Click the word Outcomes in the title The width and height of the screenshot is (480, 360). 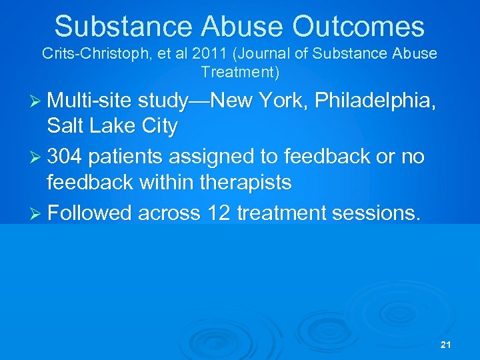click(359, 27)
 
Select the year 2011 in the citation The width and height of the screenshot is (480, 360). click(193, 54)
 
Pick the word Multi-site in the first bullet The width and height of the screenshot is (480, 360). click(89, 101)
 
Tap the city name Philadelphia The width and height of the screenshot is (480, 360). click(374, 101)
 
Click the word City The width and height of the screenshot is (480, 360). click(158, 127)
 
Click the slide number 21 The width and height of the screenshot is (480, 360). click(446, 345)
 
